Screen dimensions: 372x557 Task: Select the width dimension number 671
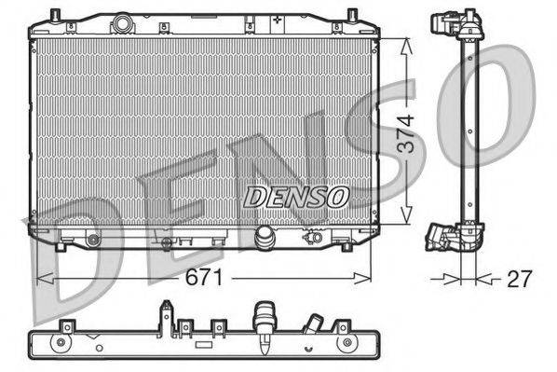coord(210,278)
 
